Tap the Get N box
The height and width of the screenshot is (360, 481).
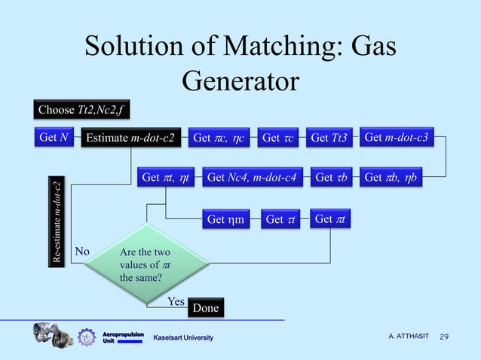54,137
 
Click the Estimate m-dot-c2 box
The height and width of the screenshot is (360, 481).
131,138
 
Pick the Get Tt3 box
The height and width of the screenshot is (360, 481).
329,138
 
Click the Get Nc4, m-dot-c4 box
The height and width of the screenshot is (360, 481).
251,178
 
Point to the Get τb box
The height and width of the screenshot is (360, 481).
329,178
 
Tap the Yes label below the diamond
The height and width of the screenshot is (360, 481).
176,301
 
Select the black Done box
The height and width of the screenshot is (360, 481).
205,308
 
